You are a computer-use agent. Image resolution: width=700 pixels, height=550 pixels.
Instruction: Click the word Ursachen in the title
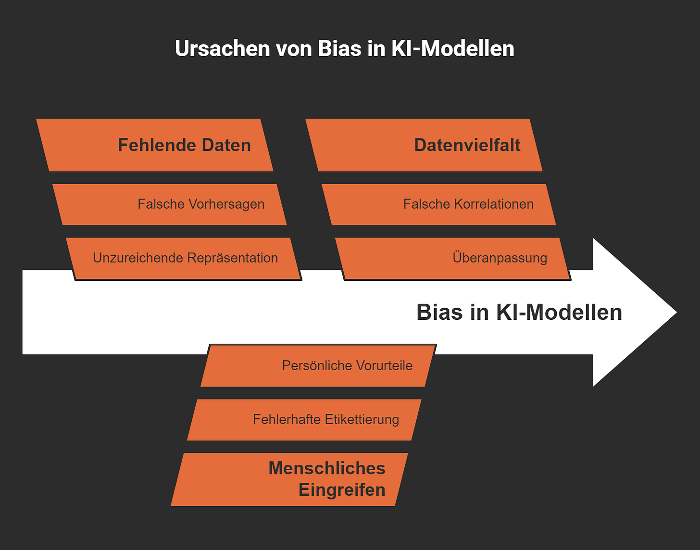[x=222, y=49]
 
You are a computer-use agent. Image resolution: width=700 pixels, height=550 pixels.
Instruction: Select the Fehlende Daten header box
[x=155, y=145]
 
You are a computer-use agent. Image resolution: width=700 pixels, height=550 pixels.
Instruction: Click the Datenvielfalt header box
[x=424, y=145]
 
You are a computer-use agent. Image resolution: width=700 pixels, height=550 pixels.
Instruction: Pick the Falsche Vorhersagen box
[x=170, y=204]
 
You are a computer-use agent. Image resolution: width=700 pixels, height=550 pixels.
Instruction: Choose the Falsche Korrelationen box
[x=439, y=204]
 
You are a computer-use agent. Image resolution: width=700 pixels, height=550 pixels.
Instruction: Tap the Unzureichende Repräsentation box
[x=184, y=258]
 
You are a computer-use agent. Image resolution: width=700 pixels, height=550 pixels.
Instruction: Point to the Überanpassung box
[x=453, y=258]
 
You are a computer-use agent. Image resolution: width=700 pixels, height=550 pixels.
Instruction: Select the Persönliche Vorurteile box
[x=318, y=365]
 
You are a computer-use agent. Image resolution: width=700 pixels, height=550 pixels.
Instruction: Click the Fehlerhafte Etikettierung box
[x=304, y=420]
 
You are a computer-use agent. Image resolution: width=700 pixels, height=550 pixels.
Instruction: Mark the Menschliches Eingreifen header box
[x=289, y=479]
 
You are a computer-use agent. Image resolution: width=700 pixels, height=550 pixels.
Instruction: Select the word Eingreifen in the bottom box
[x=342, y=490]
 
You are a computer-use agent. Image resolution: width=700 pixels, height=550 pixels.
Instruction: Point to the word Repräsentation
[x=232, y=258]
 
